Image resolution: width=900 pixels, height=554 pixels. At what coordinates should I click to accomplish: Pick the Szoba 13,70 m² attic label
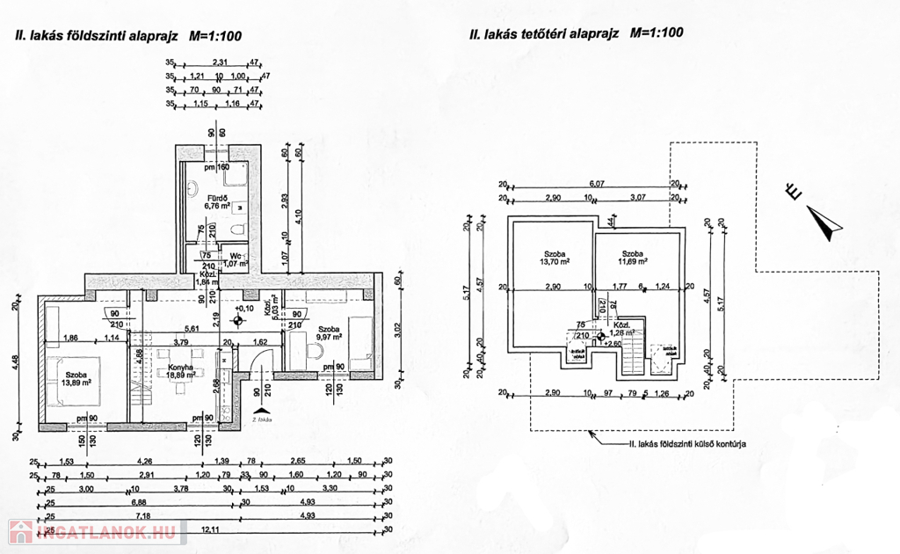(555, 256)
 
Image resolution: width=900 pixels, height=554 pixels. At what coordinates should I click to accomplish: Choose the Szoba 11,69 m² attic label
(633, 256)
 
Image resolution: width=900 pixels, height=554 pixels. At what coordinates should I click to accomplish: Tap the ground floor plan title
(123, 36)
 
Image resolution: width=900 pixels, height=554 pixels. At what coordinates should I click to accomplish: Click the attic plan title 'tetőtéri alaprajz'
(576, 34)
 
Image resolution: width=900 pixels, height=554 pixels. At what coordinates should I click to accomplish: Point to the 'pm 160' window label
(216, 167)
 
